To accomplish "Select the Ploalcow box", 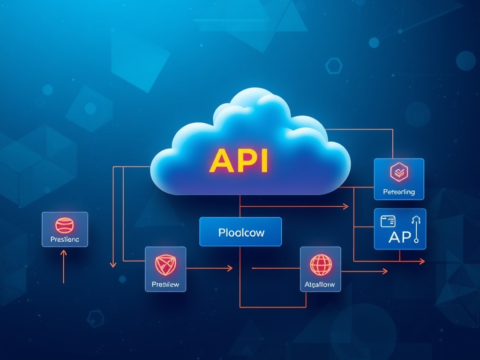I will pos(240,232).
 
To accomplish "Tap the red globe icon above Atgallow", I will pos(321,264).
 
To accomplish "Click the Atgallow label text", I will pos(321,284).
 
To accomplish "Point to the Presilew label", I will pos(165,284).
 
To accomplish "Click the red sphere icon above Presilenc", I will pos(65,225).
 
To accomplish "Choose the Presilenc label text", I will pos(65,240).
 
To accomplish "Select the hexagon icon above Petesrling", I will pos(399,172).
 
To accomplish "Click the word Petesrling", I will pos(399,192).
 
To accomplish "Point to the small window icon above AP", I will pos(388,220).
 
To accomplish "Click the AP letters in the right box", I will pos(400,237).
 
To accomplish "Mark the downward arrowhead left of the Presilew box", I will pos(113,265).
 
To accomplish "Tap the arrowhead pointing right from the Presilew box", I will pos(230,268).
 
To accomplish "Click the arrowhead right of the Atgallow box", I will pos(385,271).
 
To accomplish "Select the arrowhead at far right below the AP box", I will pos(422,261).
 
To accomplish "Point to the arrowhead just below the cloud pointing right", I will pos(346,206).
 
